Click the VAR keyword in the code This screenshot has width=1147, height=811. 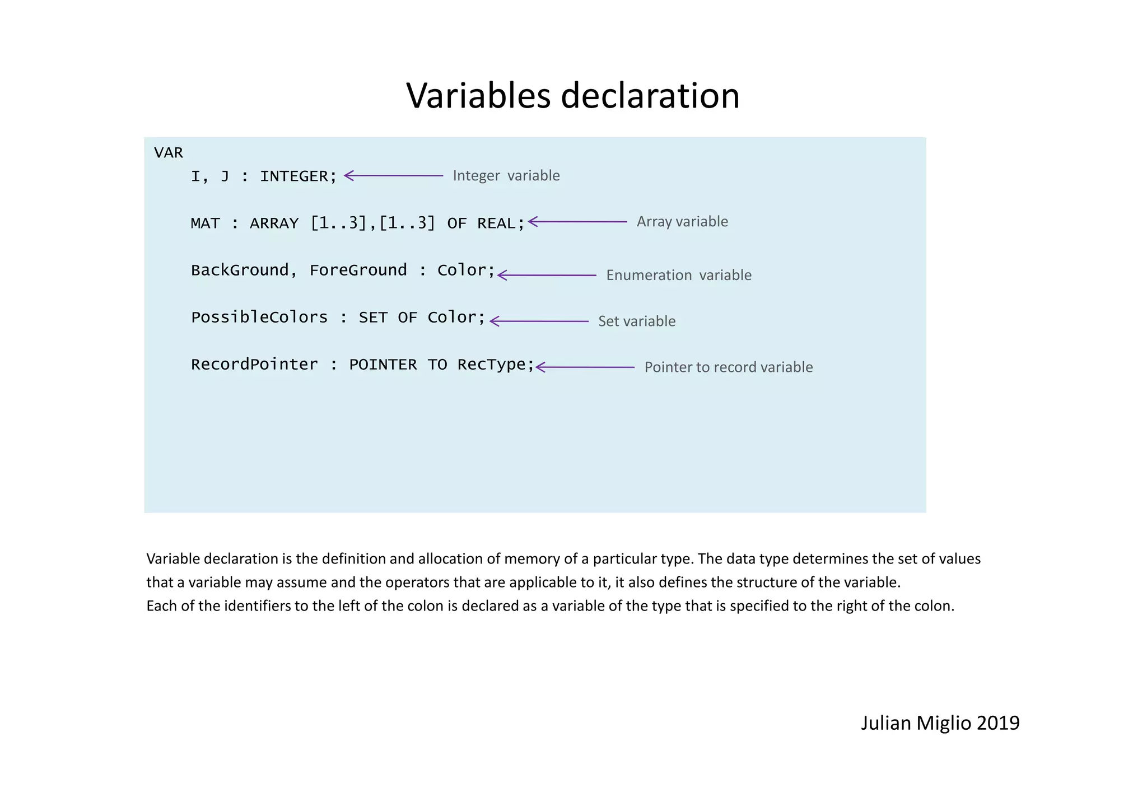[x=169, y=153]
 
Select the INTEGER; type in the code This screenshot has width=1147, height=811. [x=298, y=176]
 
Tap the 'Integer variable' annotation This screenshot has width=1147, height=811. [x=506, y=176]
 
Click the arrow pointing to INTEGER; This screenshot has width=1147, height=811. [x=393, y=176]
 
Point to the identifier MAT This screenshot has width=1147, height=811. [x=205, y=223]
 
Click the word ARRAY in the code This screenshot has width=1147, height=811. [x=274, y=223]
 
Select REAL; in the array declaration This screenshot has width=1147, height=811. [x=501, y=223]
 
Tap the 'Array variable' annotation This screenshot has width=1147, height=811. [x=682, y=222]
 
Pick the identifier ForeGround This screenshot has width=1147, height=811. [x=358, y=271]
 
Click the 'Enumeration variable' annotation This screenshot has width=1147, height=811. [x=678, y=276]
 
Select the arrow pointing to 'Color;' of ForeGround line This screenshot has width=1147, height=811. [x=547, y=276]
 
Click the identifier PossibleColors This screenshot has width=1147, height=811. [x=259, y=318]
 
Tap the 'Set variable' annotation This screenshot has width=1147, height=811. [x=637, y=321]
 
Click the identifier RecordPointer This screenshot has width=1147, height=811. [x=254, y=365]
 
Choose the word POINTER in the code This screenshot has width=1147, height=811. [x=383, y=365]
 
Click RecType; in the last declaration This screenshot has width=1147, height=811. [x=496, y=365]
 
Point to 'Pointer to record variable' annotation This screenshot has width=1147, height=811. [x=728, y=367]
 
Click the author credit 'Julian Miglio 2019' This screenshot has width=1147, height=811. [x=940, y=723]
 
